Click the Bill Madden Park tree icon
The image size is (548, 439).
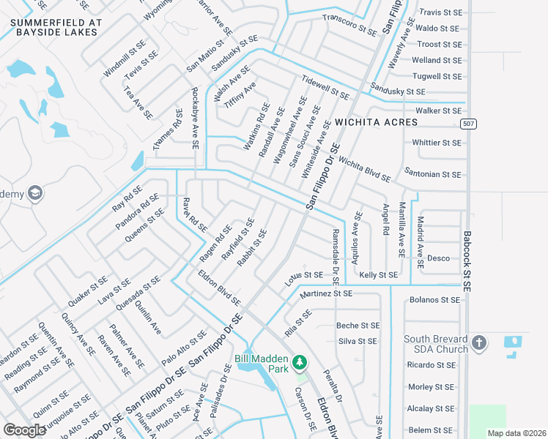299,361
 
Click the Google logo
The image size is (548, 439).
25,429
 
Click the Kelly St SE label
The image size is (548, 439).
378,275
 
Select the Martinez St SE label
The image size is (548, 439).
326,293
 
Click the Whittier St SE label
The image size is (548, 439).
437,143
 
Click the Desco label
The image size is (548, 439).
438,258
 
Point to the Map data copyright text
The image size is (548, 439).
516,432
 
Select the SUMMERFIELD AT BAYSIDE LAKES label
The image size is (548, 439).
54,27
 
